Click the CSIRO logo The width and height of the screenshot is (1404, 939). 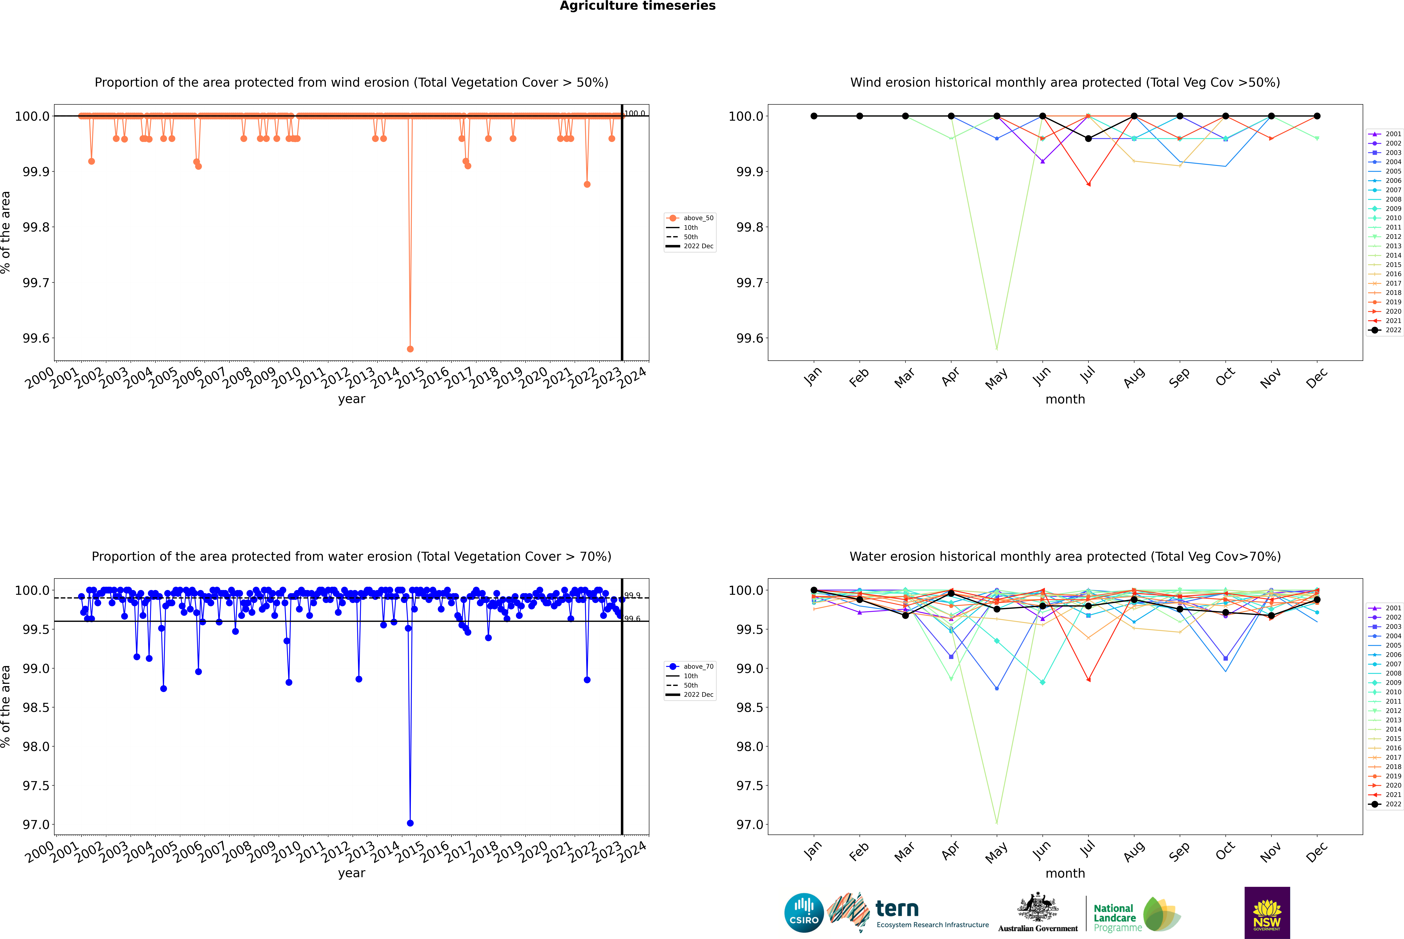pos(804,913)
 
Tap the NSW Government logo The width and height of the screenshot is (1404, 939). pos(1267,913)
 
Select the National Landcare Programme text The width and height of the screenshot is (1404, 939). pos(1114,917)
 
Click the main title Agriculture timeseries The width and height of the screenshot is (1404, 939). pos(637,6)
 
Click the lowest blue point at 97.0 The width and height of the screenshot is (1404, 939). pos(410,823)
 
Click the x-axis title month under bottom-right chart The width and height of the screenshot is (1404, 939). pos(1065,873)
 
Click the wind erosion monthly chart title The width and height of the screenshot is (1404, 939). pos(1065,83)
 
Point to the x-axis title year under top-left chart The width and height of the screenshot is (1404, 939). pos(351,399)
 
